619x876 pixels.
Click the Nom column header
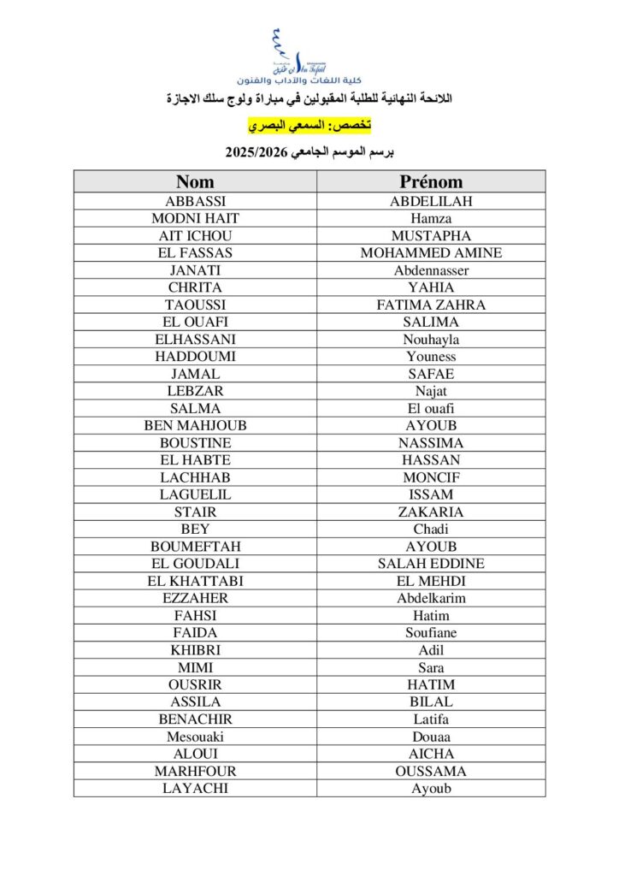click(x=195, y=181)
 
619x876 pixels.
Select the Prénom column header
click(x=431, y=181)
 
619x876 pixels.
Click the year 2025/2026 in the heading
click(x=254, y=154)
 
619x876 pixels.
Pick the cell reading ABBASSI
click(x=195, y=201)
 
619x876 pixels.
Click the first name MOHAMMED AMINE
click(x=431, y=253)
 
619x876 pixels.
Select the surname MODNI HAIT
click(x=195, y=218)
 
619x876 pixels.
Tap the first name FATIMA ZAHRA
click(x=431, y=305)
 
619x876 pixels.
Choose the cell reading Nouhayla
click(x=431, y=340)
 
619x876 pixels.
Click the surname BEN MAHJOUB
click(x=195, y=425)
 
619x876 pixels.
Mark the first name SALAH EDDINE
click(x=431, y=564)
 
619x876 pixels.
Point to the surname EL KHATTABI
click(x=195, y=581)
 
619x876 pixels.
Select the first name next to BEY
click(x=431, y=530)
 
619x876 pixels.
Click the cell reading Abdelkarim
click(x=431, y=598)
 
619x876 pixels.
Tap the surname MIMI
click(x=195, y=667)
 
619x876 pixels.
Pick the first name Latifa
click(x=431, y=719)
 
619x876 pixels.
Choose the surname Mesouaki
click(x=195, y=737)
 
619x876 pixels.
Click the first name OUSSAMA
click(x=431, y=771)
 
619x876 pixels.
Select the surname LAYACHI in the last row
click(x=195, y=788)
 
